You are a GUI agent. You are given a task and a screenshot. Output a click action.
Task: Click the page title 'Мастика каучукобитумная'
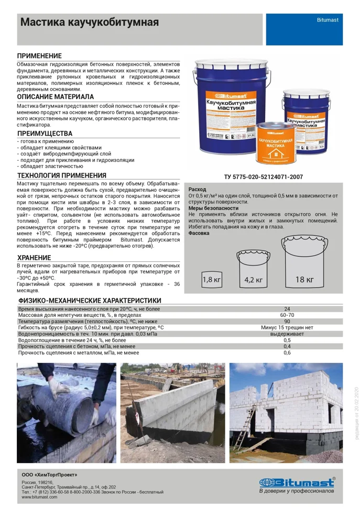point(89,23)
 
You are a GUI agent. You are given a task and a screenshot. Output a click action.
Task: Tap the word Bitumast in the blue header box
point(328,19)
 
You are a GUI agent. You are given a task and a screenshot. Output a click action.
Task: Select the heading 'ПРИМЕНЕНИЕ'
point(39,56)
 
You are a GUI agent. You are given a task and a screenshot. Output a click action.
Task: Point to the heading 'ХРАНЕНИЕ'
point(34,258)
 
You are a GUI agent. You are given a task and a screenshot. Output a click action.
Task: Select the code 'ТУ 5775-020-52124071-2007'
point(263,177)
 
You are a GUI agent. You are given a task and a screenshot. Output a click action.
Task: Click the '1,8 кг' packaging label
point(212,280)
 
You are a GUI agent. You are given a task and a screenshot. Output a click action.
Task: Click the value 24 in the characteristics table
point(287,309)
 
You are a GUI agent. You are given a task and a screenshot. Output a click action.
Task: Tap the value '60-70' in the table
point(287,315)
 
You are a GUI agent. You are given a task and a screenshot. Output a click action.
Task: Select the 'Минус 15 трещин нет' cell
point(287,327)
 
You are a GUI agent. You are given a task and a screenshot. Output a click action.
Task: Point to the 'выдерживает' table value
point(287,334)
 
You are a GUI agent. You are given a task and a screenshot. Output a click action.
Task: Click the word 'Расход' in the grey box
point(198,189)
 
